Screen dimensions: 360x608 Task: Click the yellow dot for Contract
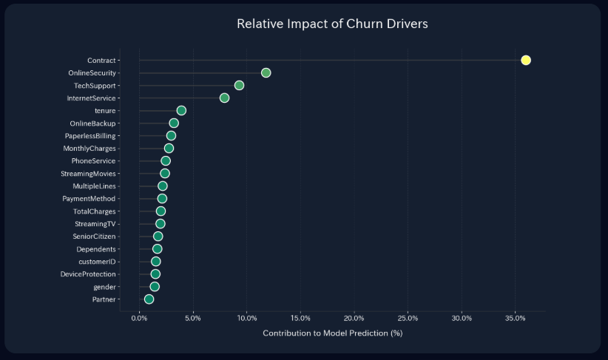(x=526, y=60)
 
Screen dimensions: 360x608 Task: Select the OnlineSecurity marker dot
(x=266, y=72)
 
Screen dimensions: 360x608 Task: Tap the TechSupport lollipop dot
(x=239, y=85)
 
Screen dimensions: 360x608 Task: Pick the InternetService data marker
(x=224, y=98)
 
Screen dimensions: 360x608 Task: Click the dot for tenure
(x=181, y=110)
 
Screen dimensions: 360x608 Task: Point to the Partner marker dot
(x=149, y=299)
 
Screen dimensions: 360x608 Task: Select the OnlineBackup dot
(x=174, y=123)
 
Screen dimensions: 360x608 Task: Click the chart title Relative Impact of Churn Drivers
(x=332, y=24)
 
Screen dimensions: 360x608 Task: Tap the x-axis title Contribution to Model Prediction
(x=332, y=333)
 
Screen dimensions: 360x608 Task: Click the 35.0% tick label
(x=516, y=318)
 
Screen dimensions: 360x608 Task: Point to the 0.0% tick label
(x=139, y=318)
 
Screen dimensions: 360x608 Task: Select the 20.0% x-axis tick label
(x=354, y=318)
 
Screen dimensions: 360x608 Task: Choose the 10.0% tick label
(x=246, y=318)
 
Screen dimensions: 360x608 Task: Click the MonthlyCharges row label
(x=89, y=149)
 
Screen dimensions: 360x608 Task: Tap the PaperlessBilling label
(x=90, y=136)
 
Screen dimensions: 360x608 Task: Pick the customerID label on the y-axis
(x=97, y=262)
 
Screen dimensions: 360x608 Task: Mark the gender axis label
(x=104, y=287)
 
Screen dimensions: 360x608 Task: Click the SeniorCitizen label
(x=94, y=237)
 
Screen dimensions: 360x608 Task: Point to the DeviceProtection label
(x=88, y=274)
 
